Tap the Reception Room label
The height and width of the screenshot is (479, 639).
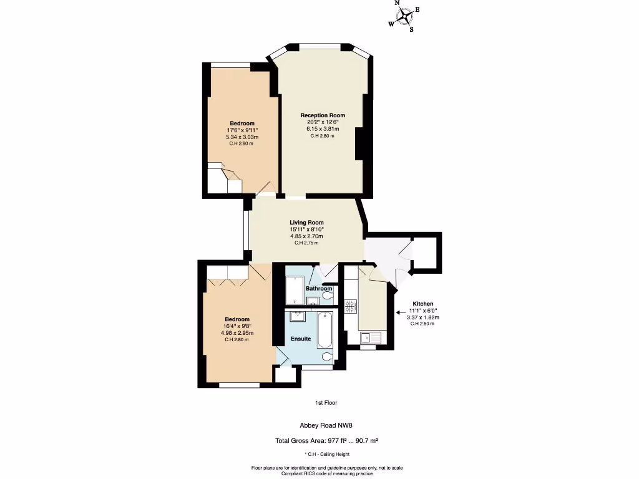tap(323, 115)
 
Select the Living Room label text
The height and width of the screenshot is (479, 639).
tap(306, 223)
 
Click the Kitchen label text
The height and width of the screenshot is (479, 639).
tap(422, 304)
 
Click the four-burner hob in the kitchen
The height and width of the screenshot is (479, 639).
tap(351, 306)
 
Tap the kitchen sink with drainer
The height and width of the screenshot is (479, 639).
tap(373, 337)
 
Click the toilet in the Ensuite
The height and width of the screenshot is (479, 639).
tap(326, 356)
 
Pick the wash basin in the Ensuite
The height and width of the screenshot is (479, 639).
tap(296, 317)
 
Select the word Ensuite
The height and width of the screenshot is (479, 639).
tap(301, 339)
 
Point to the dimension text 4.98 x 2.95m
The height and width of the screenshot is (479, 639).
tap(237, 333)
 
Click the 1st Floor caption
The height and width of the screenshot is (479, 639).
tap(326, 403)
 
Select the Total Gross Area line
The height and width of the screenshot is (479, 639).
tap(327, 441)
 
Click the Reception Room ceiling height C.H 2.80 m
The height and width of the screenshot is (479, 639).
tap(323, 136)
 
